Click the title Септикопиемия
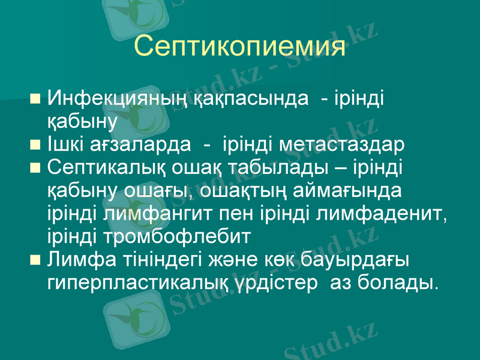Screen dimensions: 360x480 tap(239, 46)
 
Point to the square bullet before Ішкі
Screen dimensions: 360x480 tap(35, 145)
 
